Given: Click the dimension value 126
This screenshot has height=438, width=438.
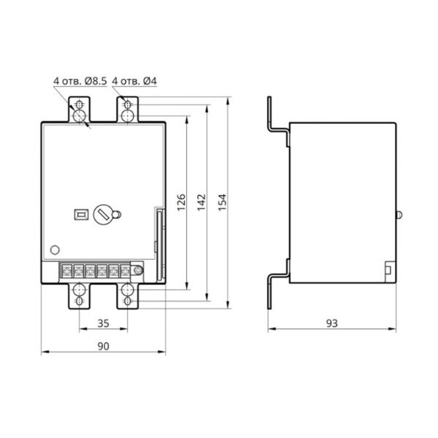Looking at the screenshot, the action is [x=181, y=202].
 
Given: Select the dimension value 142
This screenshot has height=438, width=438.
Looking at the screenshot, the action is [x=201, y=202].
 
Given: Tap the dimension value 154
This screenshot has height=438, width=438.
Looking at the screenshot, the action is [x=222, y=202].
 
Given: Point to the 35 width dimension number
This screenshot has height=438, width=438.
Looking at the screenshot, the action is [x=104, y=323].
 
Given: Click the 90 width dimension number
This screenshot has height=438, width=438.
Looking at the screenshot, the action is [x=104, y=346].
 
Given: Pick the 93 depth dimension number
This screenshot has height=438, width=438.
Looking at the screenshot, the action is [x=332, y=323].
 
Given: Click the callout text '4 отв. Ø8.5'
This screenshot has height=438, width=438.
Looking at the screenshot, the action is [x=80, y=81].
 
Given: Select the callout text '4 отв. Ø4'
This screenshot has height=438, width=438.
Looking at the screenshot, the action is [x=134, y=81].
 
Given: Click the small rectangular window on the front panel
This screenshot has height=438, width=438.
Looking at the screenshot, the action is [x=81, y=215].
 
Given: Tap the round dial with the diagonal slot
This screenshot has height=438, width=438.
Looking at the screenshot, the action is [x=103, y=215].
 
